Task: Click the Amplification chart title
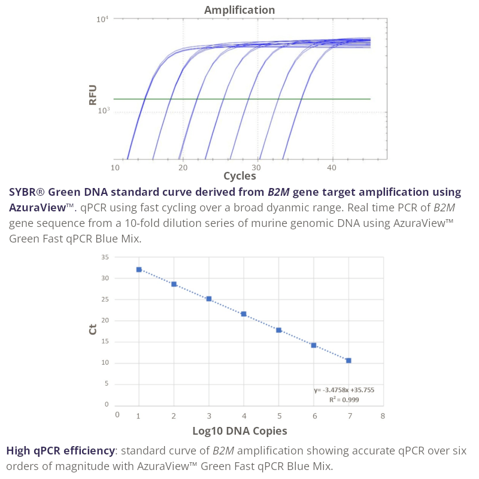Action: click(x=239, y=10)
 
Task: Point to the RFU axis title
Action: click(x=93, y=95)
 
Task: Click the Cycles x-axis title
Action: click(x=239, y=176)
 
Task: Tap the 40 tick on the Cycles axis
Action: click(x=332, y=168)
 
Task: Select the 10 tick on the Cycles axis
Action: click(x=115, y=168)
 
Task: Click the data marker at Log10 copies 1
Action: click(x=139, y=269)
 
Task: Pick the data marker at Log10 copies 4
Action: click(x=244, y=314)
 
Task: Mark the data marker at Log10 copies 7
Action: click(x=348, y=360)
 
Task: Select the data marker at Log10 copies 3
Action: click(x=209, y=299)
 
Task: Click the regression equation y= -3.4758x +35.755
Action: click(x=344, y=390)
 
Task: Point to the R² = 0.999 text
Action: click(x=344, y=399)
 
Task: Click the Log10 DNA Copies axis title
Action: click(x=239, y=431)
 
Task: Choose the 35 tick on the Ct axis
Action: click(x=105, y=257)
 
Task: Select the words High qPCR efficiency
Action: click(x=60, y=450)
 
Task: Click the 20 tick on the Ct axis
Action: click(x=105, y=320)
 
